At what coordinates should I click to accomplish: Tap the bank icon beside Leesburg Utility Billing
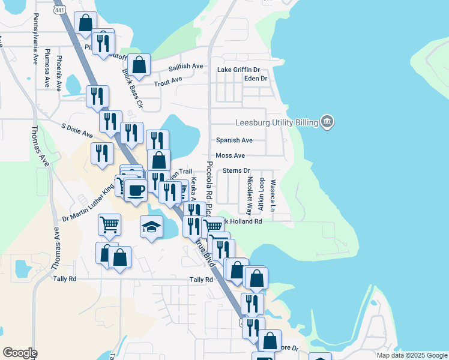pos(327,122)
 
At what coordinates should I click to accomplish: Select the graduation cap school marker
pos(151,227)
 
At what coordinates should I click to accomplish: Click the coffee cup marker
pos(136,190)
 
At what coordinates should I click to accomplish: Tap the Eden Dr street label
pos(256,79)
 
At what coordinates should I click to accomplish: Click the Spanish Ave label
pos(234,140)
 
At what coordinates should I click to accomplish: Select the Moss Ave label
pos(231,155)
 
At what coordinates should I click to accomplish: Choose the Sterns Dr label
pos(236,171)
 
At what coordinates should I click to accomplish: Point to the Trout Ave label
pos(168,80)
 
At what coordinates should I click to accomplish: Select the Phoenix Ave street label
pos(59,73)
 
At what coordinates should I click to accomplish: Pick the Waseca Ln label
pos(273,196)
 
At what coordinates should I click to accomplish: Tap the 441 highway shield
pos(59,11)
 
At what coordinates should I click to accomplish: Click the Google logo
pos(20,353)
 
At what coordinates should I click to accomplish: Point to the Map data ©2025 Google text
pos(411,355)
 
